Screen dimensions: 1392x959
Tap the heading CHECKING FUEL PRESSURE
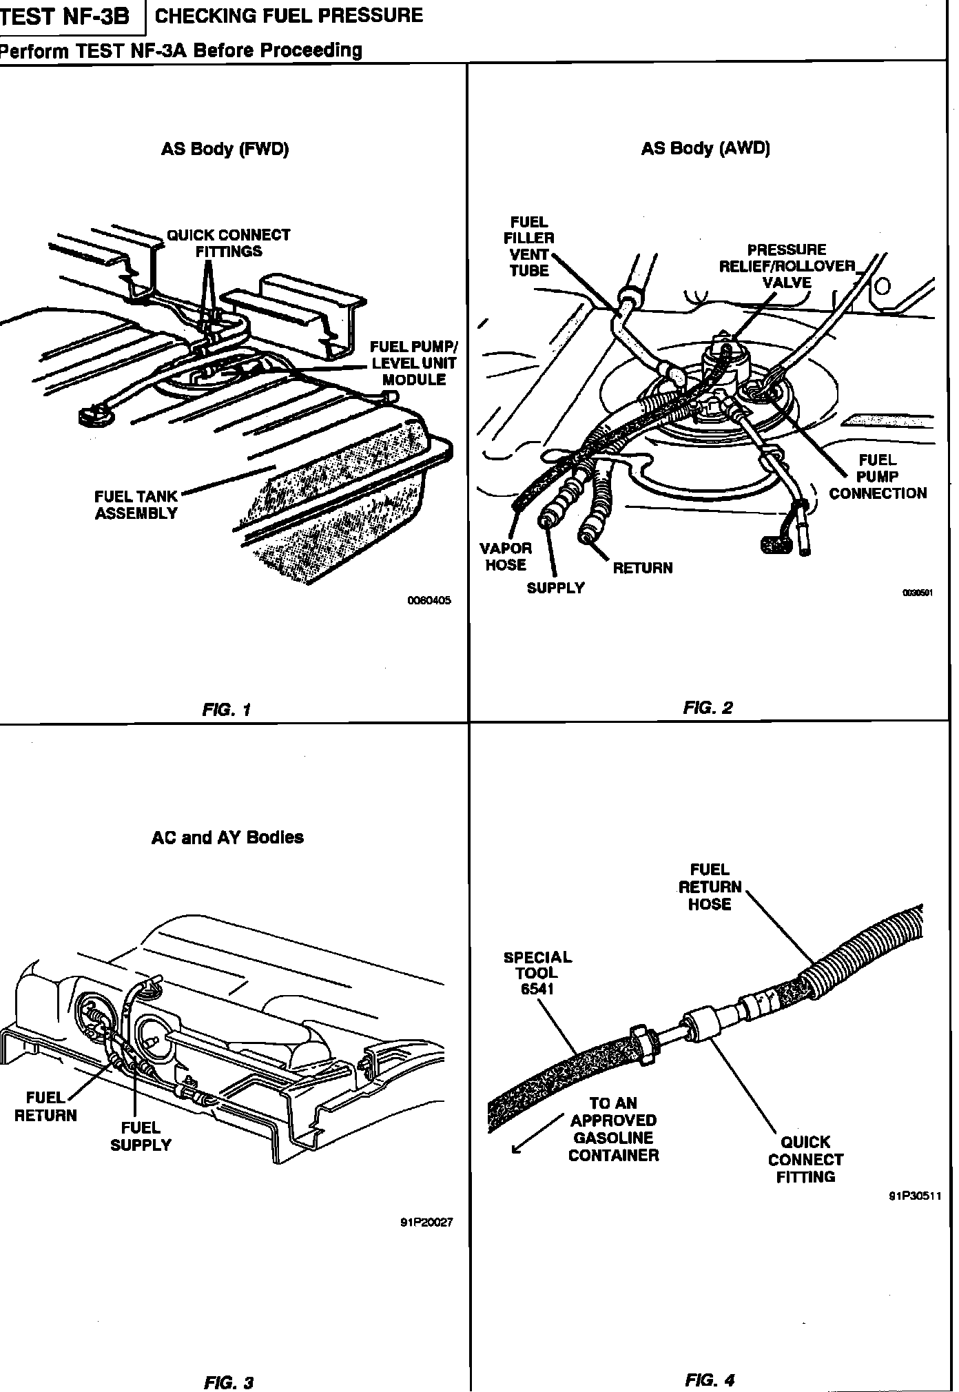[289, 16]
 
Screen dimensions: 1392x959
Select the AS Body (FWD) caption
[225, 149]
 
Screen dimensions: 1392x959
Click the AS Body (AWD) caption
[705, 148]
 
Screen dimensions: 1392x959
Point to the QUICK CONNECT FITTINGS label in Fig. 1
[229, 243]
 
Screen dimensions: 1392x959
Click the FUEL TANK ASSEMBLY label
[136, 504]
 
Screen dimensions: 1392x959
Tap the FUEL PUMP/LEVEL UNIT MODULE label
[413, 363]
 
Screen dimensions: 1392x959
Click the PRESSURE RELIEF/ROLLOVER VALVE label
[787, 266]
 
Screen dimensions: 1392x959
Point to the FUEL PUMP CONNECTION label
[878, 476]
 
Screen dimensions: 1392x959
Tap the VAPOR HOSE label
[506, 556]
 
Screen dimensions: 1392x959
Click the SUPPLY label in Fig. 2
[555, 588]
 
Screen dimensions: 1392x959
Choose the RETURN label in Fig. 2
[642, 568]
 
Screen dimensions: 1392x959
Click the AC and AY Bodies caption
[227, 837]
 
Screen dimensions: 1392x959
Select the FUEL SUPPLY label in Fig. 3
[141, 1136]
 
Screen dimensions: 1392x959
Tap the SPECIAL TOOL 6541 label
[537, 972]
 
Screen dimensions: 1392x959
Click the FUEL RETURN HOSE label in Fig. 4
[710, 887]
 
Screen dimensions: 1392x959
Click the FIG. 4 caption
[710, 1360]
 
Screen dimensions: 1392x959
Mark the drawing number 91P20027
[426, 1223]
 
